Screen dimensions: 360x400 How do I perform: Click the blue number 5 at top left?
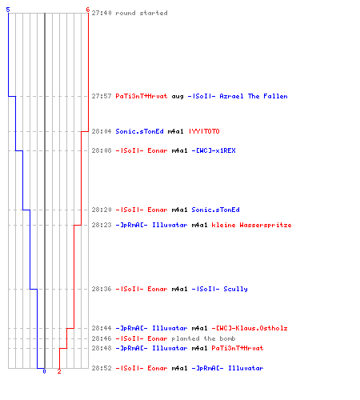[8, 10]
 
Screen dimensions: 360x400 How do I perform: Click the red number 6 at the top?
[87, 10]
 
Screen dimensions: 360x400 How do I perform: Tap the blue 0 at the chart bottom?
[44, 371]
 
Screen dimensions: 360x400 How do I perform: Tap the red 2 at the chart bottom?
[59, 371]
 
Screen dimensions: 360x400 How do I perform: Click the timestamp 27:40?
[102, 13]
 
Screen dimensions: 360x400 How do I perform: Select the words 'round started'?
[142, 13]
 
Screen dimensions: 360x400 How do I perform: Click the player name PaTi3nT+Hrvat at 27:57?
[142, 96]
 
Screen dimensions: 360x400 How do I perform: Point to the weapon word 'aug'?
[178, 97]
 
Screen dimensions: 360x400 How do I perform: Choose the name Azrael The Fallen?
[254, 96]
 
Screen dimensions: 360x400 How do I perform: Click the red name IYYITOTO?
[204, 131]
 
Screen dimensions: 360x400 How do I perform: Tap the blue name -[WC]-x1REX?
[214, 150]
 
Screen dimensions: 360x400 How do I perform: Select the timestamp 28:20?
[102, 210]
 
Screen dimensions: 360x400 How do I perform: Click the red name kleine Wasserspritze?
[251, 225]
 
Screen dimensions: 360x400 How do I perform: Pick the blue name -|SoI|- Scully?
[220, 289]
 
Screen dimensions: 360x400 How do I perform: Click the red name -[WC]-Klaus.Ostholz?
[250, 328]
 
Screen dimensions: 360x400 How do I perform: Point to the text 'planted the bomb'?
[203, 338]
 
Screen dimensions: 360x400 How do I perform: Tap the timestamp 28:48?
[102, 348]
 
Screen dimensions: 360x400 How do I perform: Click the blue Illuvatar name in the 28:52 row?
[246, 368]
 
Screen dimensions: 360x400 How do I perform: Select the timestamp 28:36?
[102, 289]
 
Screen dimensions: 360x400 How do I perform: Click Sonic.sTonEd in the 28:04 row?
[139, 131]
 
